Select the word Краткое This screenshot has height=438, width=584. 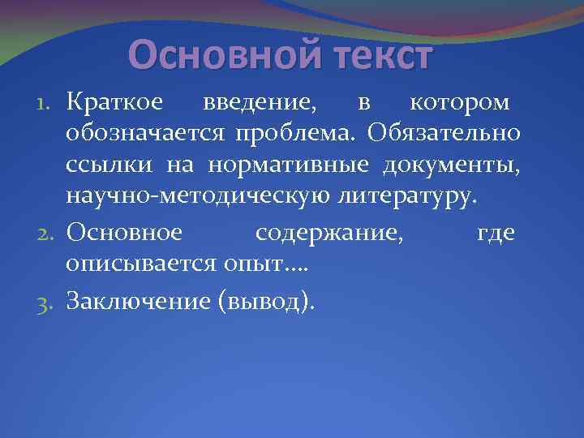point(115,103)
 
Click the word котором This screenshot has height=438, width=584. point(460,103)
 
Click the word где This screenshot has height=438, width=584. point(497,234)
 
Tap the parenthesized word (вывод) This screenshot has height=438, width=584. point(264,301)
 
